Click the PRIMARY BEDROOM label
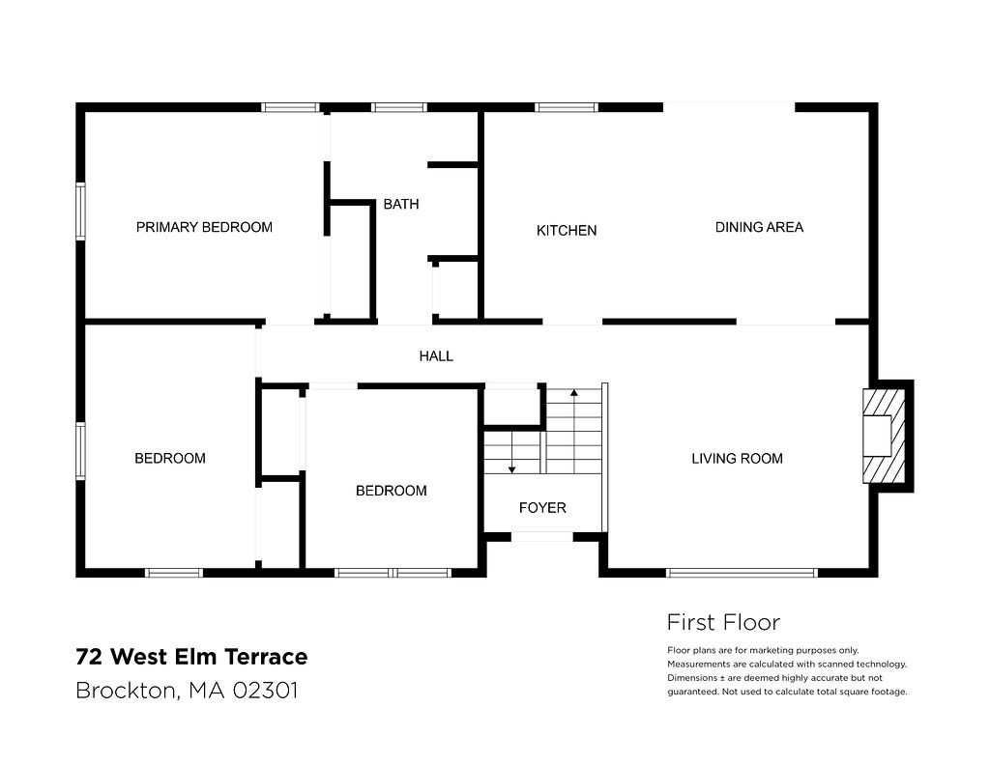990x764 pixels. (x=204, y=228)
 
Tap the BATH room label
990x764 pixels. (x=400, y=205)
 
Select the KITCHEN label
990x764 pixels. (x=567, y=231)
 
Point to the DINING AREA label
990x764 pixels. (x=759, y=228)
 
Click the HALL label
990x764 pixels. (x=436, y=356)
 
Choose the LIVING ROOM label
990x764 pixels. (x=737, y=459)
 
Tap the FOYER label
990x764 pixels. (x=542, y=508)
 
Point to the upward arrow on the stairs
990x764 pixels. (x=574, y=396)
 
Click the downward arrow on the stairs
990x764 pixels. (x=511, y=466)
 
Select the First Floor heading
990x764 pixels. (x=723, y=623)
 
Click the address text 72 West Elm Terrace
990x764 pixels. (x=191, y=658)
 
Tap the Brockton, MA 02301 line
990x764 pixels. (x=187, y=692)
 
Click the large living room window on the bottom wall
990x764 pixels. (x=742, y=573)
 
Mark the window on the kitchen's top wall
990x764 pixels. (x=567, y=107)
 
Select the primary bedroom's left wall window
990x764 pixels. (x=81, y=211)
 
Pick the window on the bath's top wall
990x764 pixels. (x=399, y=107)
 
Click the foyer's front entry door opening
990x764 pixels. (x=542, y=536)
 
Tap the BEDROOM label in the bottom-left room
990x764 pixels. (x=170, y=459)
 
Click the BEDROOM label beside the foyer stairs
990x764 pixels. (x=391, y=491)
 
